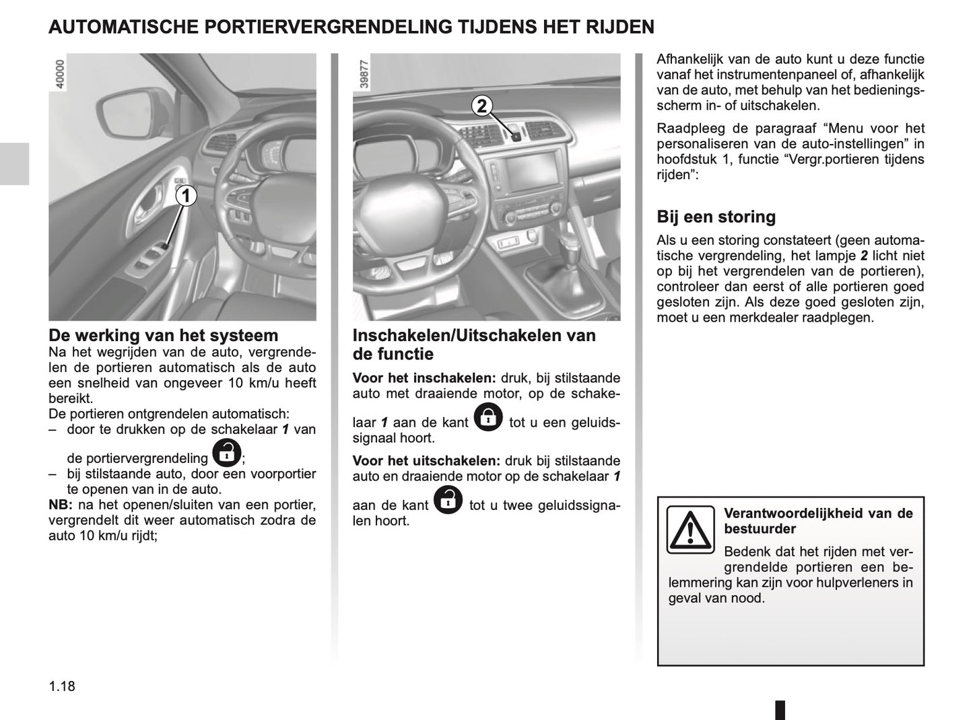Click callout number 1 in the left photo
187,196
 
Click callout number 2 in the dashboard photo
482,106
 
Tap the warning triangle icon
690,530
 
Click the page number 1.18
62,687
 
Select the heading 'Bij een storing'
716,217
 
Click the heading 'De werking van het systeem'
163,335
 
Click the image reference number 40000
60,75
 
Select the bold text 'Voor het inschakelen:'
424,378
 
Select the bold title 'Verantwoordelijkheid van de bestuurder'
817,521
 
